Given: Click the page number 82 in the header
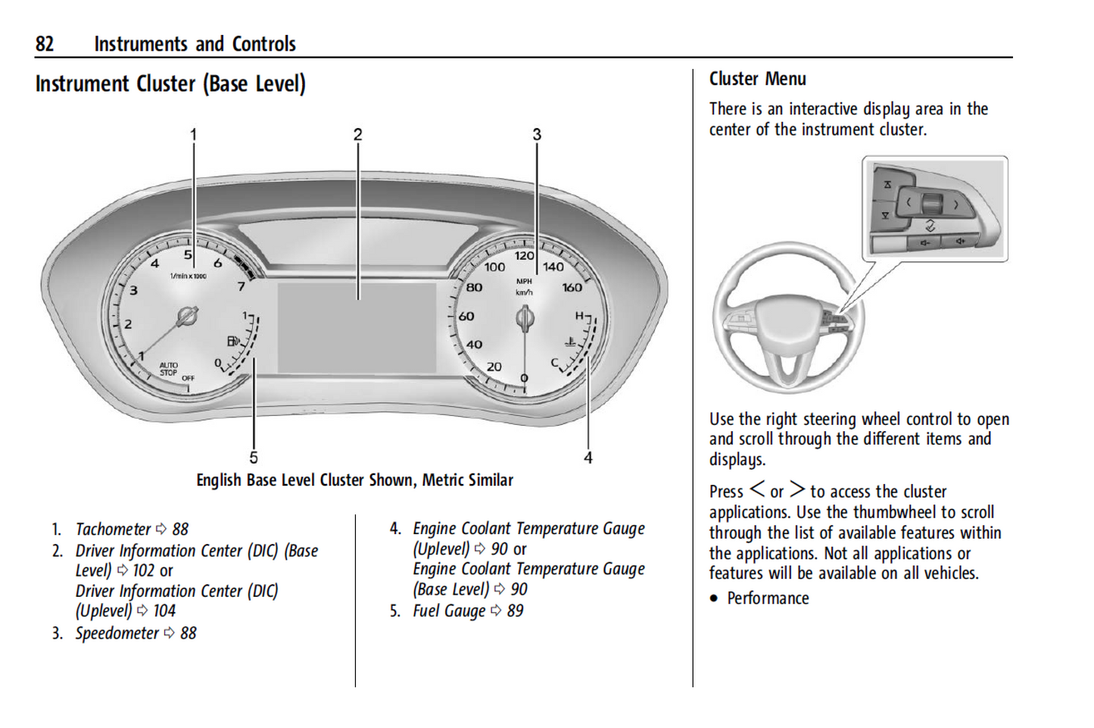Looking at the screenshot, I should click(x=45, y=44).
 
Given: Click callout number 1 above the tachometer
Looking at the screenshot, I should click(x=193, y=135).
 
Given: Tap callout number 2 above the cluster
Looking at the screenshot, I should click(x=358, y=135).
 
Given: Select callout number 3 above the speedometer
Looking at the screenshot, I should click(x=537, y=135).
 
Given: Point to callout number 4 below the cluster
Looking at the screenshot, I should click(x=588, y=458).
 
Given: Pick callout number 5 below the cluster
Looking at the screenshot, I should click(x=254, y=458).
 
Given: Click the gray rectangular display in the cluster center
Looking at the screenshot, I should click(x=357, y=327).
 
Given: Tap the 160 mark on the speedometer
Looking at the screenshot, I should click(x=572, y=287).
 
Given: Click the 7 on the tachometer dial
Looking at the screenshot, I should click(x=242, y=286).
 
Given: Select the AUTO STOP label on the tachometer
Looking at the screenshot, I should click(x=169, y=369).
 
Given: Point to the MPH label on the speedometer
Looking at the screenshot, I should click(x=524, y=281).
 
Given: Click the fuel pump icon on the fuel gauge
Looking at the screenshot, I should click(x=233, y=341).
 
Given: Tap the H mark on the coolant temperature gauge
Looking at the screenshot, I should click(x=579, y=315).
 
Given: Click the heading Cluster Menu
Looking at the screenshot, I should click(x=757, y=79).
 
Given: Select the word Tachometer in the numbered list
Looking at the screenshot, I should click(x=113, y=529).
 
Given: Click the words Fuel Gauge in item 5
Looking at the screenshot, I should click(x=449, y=611).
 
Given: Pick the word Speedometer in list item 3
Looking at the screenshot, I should click(x=117, y=633).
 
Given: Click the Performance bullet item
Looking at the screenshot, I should click(x=768, y=598).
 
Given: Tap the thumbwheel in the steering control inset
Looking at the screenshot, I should click(x=932, y=204).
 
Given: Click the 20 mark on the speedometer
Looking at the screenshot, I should click(x=494, y=367).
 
